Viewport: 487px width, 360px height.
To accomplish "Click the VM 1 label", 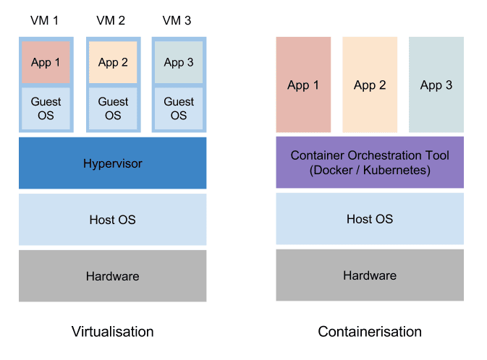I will (x=46, y=20).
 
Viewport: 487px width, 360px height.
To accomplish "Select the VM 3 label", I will (x=178, y=20).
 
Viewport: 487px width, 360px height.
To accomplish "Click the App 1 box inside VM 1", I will (x=46, y=62).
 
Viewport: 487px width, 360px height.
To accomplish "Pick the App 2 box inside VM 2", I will (x=113, y=62).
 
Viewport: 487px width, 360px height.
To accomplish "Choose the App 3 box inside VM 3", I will (x=179, y=62).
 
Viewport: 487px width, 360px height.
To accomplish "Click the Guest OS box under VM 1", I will (x=46, y=108).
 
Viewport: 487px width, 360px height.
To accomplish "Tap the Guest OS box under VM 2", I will (x=113, y=108).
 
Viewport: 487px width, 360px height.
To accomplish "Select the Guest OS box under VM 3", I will (x=179, y=108).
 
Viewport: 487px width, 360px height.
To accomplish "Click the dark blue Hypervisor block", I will (x=112, y=163).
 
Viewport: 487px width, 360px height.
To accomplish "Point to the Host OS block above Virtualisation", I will (x=112, y=219).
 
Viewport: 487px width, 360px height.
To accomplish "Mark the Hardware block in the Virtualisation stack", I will (x=112, y=275).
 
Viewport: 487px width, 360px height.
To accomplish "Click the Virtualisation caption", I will (x=112, y=332).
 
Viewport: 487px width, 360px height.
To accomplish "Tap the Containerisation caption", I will (x=369, y=332).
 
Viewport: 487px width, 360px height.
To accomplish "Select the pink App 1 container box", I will (x=303, y=85).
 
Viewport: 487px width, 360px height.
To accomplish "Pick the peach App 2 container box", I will (x=369, y=85).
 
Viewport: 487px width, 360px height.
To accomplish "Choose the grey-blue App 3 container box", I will (x=436, y=85).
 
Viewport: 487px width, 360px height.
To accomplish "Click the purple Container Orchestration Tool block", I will (x=369, y=163).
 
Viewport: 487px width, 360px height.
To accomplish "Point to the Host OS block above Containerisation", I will (x=369, y=219).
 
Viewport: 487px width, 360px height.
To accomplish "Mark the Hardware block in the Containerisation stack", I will (x=369, y=275).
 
